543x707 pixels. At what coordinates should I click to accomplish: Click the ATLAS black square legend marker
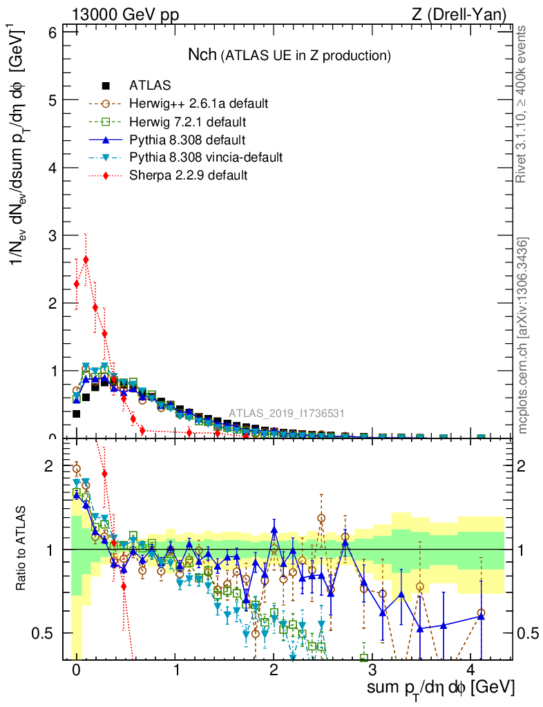(x=106, y=86)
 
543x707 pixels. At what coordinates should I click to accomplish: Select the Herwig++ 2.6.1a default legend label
(x=198, y=104)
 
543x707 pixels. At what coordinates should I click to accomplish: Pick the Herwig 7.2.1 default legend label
(x=189, y=122)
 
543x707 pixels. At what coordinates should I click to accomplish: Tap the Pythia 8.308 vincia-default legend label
(x=206, y=157)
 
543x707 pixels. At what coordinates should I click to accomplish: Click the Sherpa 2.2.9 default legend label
(x=188, y=175)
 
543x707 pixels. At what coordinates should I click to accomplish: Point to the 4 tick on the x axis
(x=471, y=670)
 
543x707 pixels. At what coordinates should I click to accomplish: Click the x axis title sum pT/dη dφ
(x=440, y=688)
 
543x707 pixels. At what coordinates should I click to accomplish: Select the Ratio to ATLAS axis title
(x=21, y=548)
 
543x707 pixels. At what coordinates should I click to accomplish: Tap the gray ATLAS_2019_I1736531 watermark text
(x=287, y=414)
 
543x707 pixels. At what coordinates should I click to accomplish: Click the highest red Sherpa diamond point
(x=86, y=260)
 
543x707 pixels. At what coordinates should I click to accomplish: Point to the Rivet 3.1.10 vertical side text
(x=522, y=104)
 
